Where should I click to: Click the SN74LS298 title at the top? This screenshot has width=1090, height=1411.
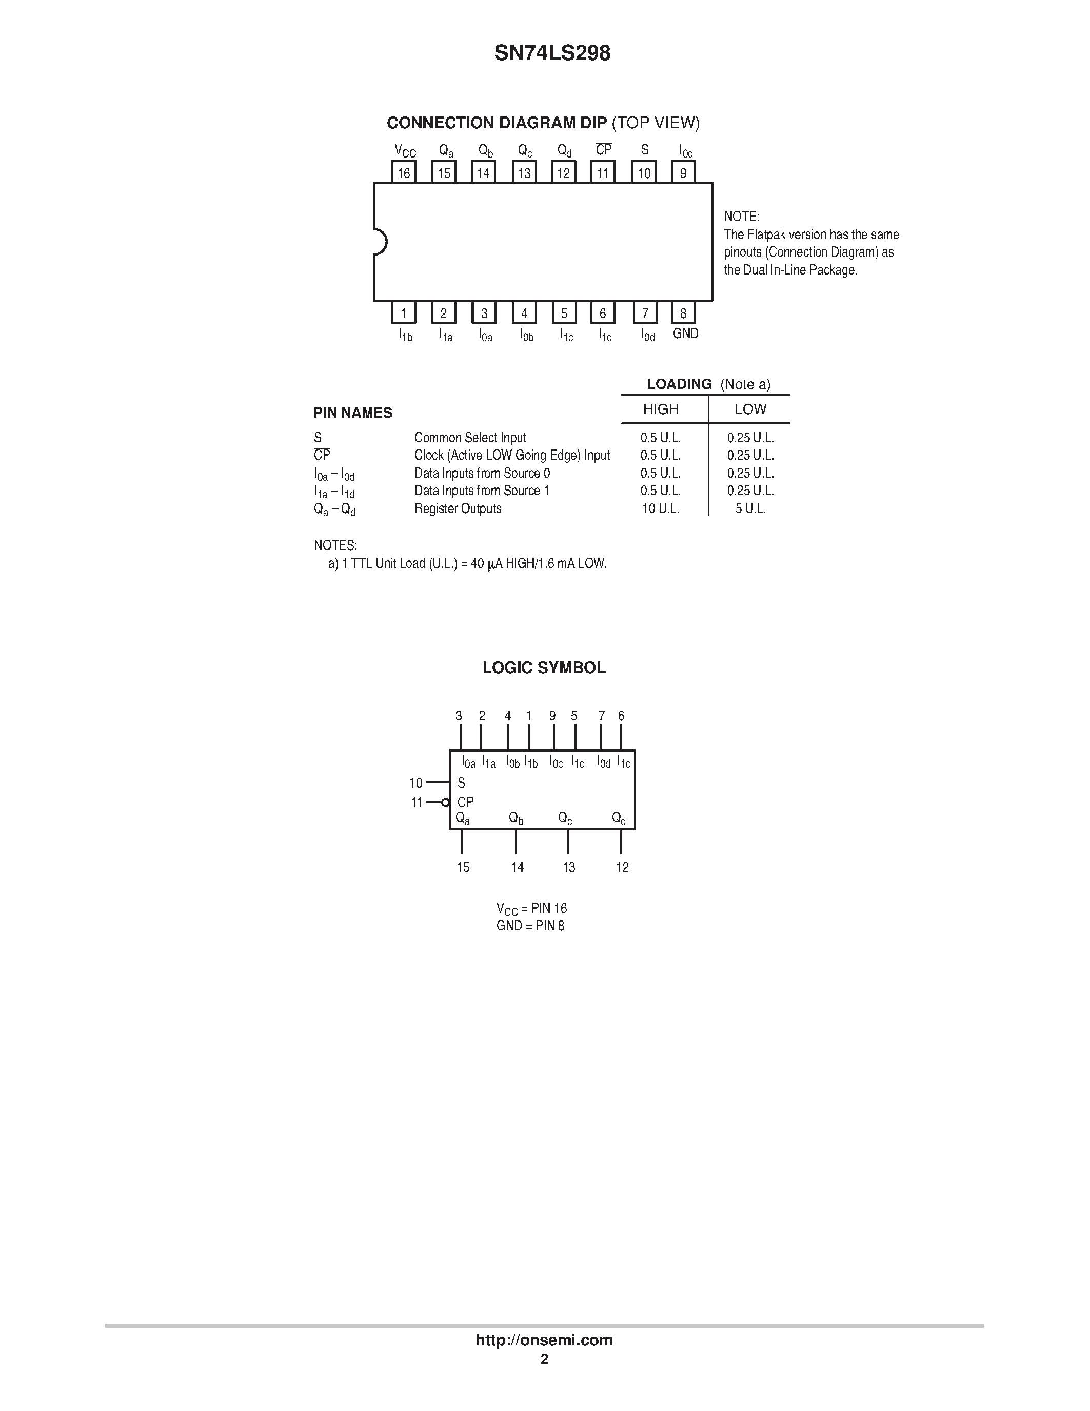coord(552,53)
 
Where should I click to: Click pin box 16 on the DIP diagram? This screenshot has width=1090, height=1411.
coord(404,172)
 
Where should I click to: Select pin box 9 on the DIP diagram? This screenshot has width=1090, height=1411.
coord(683,172)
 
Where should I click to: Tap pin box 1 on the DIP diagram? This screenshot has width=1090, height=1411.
coord(404,313)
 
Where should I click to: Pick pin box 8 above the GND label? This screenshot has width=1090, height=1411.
coord(683,313)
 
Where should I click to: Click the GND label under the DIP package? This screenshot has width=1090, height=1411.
coord(685,334)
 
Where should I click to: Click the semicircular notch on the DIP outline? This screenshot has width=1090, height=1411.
coord(380,242)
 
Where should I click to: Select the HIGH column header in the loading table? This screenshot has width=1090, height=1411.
coord(661,409)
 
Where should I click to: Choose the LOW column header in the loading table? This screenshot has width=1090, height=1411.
coord(750,409)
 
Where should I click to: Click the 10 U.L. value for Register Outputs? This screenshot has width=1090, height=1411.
coord(660,508)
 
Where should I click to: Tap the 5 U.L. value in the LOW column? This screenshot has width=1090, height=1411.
coord(750,508)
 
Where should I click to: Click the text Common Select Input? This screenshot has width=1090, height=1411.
coord(470,437)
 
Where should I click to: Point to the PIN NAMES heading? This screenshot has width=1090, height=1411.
coord(352,413)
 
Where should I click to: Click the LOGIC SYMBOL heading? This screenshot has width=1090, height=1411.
coord(544,668)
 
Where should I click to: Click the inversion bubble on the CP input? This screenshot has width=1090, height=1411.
coord(445,802)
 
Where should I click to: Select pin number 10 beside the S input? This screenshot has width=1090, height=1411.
coord(416,783)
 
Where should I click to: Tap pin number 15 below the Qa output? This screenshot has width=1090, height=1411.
coord(463,867)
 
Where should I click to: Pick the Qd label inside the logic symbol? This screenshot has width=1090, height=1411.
coord(619,818)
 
